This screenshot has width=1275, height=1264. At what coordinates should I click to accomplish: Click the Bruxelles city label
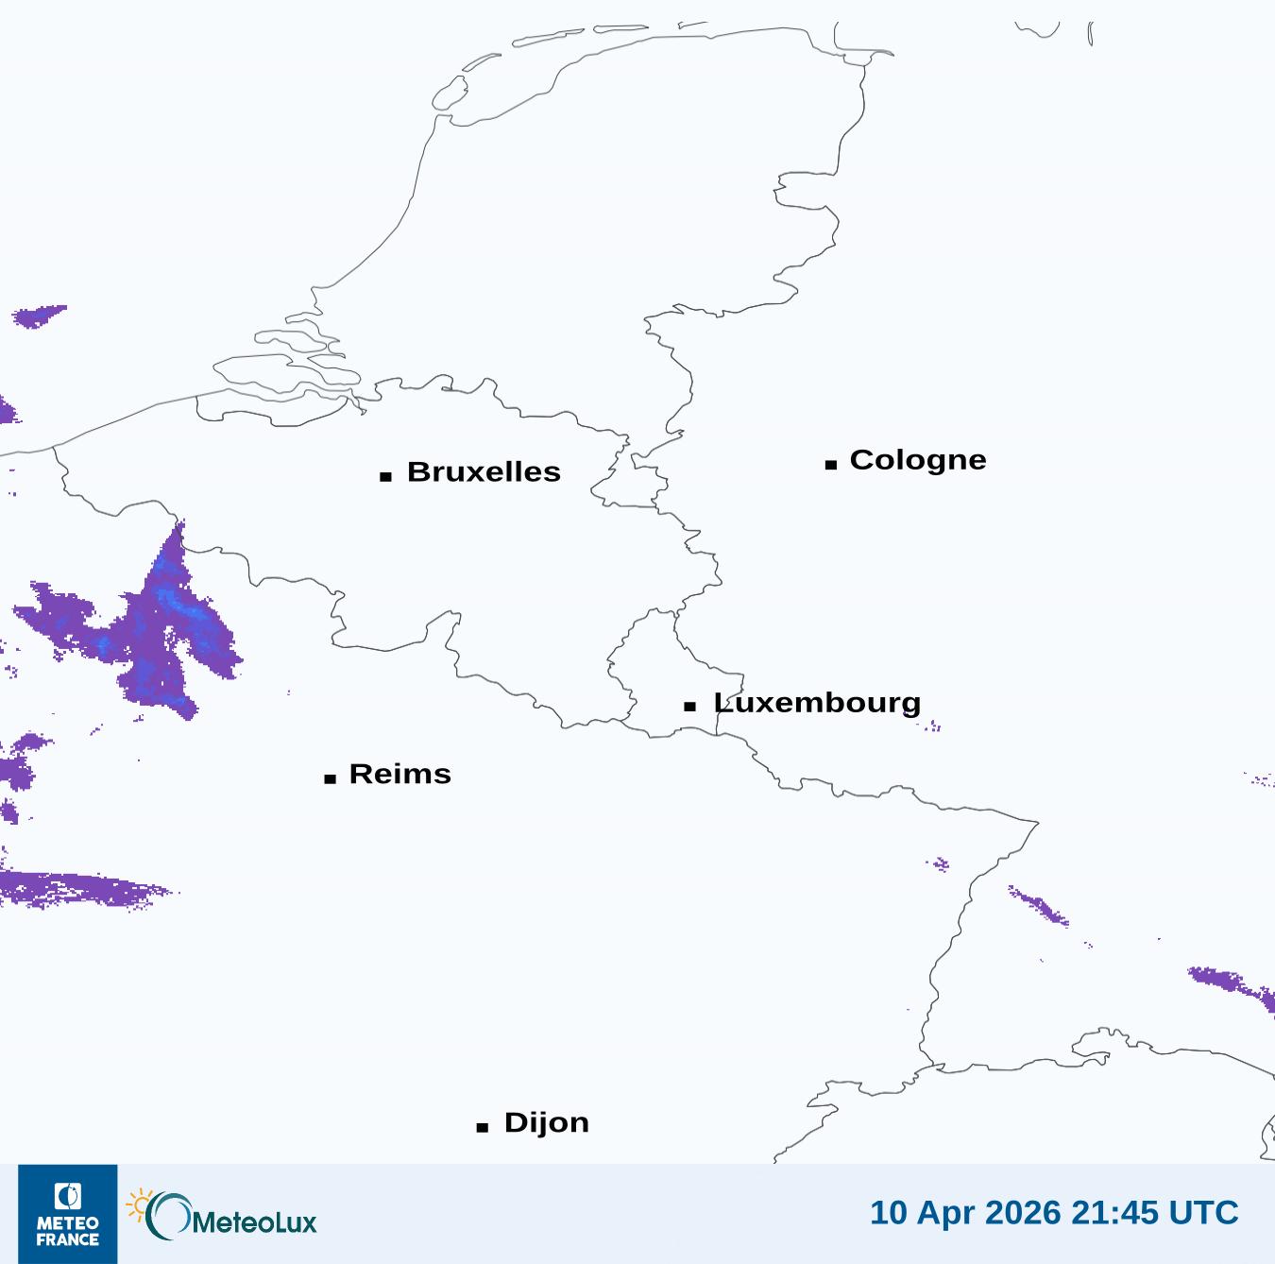483,471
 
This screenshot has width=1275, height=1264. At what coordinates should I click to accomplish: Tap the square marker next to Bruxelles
385,476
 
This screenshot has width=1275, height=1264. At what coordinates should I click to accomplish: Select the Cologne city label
917,460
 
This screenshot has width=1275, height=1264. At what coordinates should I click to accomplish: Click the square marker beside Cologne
831,464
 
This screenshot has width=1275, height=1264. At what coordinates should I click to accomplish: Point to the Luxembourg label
817,703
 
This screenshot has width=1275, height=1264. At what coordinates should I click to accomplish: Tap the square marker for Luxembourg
690,707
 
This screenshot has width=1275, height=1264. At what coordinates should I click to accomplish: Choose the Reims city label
399,774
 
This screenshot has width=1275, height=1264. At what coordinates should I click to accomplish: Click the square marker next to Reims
330,778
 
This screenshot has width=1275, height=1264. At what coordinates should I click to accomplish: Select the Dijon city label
546,1122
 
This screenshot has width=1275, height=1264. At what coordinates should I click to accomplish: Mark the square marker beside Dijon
483,1127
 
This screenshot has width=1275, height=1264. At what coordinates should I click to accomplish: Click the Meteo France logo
68,1214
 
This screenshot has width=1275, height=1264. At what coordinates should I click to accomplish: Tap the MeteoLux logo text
253,1221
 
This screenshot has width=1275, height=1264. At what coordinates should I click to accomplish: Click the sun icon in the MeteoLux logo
140,1204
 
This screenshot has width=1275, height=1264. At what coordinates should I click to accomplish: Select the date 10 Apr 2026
965,1212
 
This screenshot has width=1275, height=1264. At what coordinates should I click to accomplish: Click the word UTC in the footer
1203,1212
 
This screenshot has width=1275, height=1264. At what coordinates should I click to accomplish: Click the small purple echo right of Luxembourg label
931,726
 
